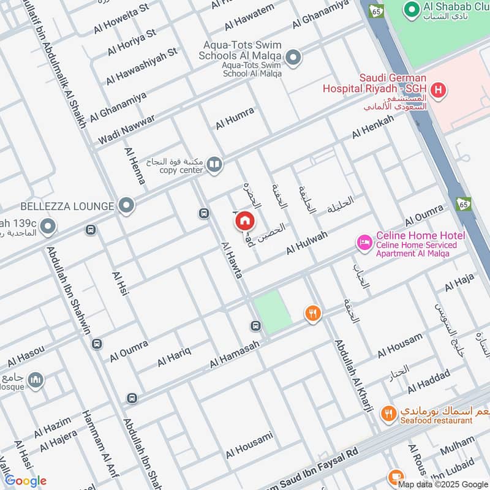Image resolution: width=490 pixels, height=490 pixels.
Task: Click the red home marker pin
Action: (245, 221)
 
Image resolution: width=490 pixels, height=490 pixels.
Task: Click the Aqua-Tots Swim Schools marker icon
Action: (294, 58)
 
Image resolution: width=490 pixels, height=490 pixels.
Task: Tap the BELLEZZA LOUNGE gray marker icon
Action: (127, 206)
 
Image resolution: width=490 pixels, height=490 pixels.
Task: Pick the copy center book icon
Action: (214, 164)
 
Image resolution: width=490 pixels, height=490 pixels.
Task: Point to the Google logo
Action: (26, 481)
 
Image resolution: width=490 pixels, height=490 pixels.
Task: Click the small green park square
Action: (271, 312)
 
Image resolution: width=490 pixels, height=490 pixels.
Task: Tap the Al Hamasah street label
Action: (235, 355)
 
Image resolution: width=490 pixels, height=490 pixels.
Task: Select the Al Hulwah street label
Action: (307, 243)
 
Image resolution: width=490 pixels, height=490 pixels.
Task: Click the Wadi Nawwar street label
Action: (126, 130)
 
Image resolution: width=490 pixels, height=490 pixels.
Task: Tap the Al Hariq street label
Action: (175, 356)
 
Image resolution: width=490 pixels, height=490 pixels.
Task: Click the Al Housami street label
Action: (249, 445)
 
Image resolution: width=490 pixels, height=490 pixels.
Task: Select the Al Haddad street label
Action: (429, 381)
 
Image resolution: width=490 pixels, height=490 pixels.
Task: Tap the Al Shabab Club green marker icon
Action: (410, 8)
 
